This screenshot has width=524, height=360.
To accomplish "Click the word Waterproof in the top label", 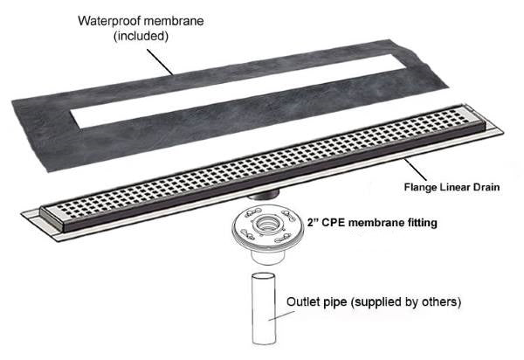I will [109, 20].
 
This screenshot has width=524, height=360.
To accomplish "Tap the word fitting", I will [418, 224].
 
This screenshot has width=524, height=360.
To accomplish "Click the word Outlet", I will [306, 303].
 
